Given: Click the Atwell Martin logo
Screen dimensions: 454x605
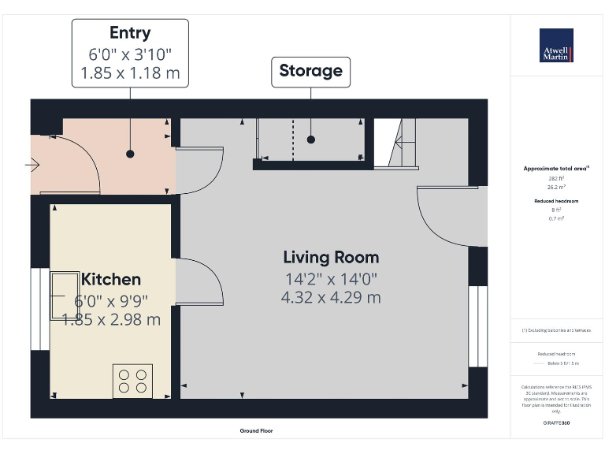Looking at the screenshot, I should [x=556, y=46].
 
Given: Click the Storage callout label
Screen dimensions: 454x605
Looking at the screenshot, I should [x=311, y=71].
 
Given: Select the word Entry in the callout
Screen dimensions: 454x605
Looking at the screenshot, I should [x=130, y=33].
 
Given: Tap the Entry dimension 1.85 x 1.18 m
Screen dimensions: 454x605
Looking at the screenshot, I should [x=130, y=75].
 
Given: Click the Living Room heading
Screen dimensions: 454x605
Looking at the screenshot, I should [x=331, y=258].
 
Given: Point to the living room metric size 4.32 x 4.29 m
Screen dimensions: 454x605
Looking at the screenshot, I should [x=331, y=297].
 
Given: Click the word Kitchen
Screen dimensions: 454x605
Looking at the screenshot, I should [x=111, y=279].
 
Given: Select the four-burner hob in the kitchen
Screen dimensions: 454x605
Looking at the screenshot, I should [x=132, y=380].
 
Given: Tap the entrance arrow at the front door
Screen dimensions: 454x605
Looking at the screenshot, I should [x=32, y=165].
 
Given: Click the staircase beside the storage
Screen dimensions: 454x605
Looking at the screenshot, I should [x=396, y=143].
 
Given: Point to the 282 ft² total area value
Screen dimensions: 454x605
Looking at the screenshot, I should [x=557, y=178].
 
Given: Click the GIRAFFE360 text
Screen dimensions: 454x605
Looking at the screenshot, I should [x=557, y=423].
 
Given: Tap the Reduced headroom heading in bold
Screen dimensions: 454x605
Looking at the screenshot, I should [x=557, y=201].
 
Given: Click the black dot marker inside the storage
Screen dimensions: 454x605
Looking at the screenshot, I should [x=311, y=140].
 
